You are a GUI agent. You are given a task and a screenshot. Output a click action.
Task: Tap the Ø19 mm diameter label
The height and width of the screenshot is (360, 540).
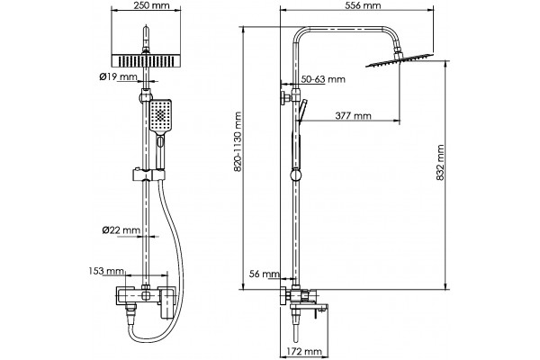coord(119,76)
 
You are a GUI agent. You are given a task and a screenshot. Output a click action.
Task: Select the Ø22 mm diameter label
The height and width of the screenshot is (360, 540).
coord(121,229)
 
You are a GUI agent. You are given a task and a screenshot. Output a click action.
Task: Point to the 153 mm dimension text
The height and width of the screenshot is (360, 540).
coord(106,271)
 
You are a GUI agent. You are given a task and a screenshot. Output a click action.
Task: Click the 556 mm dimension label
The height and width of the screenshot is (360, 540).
coord(363,5)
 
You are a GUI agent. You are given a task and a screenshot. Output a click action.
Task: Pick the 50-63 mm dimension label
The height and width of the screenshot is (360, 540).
coord(323,79)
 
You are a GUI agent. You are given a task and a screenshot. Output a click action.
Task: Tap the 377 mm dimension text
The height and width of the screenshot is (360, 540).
coord(353,116)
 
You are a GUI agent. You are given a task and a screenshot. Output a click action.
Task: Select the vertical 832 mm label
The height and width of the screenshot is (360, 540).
coord(440,163)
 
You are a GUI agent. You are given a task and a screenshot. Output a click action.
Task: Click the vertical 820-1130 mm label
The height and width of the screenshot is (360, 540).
coord(238,141)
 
